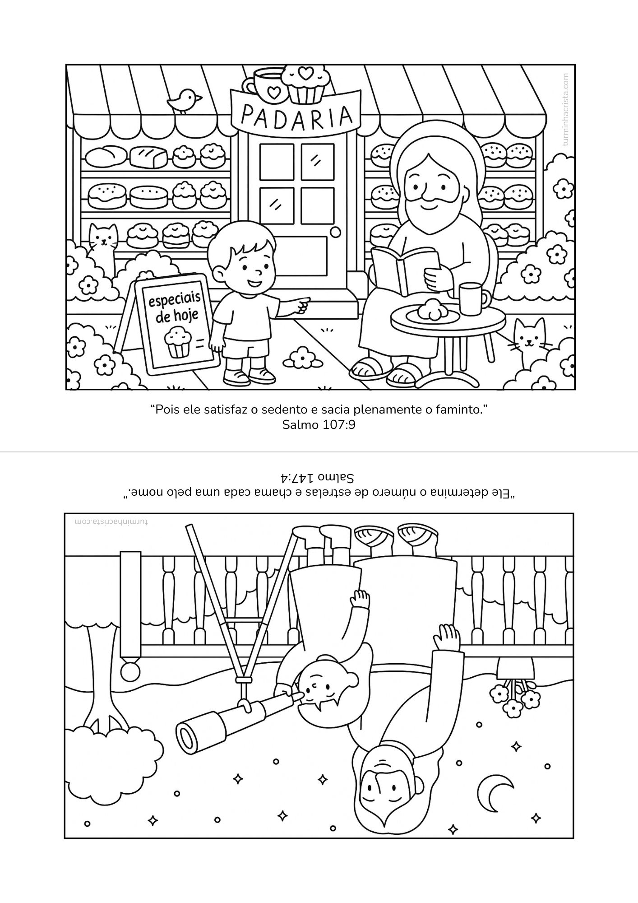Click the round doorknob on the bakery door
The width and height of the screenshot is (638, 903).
coord(335,232)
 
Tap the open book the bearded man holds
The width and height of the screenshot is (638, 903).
coord(404,270)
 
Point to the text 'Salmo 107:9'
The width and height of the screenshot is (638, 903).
coord(319,424)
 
